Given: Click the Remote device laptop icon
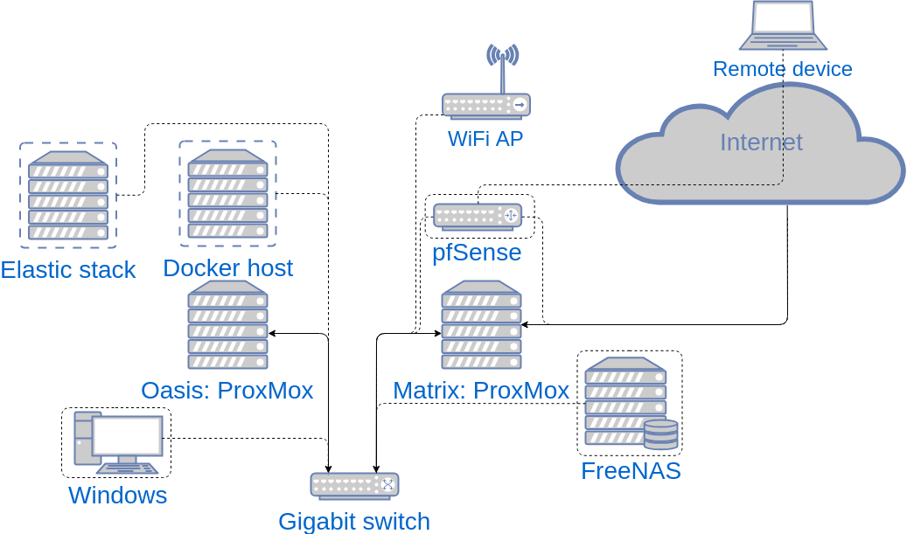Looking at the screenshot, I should (782, 26).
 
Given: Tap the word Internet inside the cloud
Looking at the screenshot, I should (761, 142).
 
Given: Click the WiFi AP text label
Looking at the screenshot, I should (485, 139).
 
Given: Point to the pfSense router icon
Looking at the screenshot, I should (478, 215).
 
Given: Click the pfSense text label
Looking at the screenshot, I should (477, 253).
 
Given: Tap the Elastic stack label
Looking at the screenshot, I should (68, 270).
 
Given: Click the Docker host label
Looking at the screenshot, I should (228, 267).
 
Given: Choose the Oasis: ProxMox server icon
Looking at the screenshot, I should (228, 325).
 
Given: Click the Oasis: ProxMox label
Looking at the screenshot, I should (227, 391).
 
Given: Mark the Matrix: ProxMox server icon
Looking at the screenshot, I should (482, 325).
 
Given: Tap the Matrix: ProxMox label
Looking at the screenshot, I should (481, 391).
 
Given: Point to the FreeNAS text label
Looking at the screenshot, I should (631, 472).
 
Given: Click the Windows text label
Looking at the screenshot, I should (118, 496).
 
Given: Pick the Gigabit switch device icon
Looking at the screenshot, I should (354, 485).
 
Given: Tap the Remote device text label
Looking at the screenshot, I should (782, 69).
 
